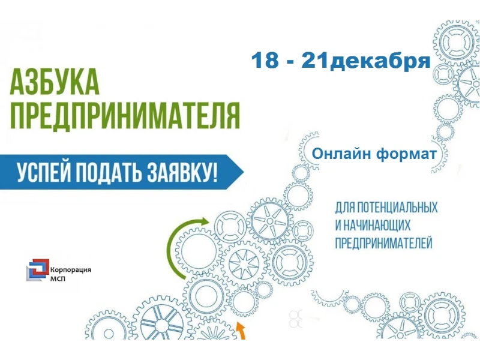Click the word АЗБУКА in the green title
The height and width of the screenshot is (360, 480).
55,82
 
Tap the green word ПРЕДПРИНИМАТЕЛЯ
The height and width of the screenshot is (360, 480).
125,115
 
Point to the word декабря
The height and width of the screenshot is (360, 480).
380,62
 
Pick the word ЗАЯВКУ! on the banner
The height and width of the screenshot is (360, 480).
182,172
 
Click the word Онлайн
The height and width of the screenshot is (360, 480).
341,154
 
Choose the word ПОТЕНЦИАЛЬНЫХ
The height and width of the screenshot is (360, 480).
397,208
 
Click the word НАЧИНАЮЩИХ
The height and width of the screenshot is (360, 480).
377,226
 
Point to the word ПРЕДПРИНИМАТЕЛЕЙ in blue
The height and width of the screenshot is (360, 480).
384,243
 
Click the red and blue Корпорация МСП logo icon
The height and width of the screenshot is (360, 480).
38,269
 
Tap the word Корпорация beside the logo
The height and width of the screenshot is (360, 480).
71,271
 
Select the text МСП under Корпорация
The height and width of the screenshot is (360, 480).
58,278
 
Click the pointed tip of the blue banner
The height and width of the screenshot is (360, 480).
244,172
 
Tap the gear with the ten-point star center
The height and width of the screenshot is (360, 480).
244,264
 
